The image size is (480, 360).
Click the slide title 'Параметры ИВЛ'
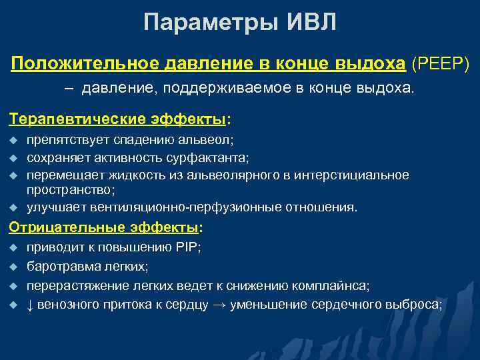pos(240,23)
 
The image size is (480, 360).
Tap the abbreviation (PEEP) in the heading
pos(441,63)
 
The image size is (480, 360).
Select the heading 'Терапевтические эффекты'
pos(117,119)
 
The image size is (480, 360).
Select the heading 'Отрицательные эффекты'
pos(104,227)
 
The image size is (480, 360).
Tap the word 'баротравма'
pos(58,266)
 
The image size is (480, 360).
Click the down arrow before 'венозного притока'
pos(31,305)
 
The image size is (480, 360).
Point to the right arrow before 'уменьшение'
pos(220,305)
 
